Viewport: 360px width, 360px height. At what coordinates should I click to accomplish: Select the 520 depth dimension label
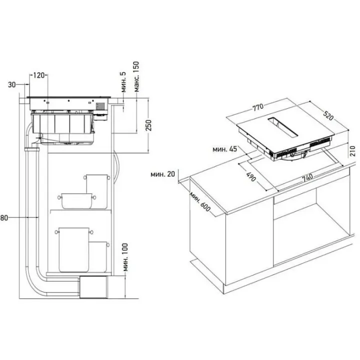[327, 116]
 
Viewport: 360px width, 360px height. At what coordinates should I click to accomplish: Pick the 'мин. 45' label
[225, 148]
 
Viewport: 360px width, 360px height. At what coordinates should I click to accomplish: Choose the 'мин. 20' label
[163, 174]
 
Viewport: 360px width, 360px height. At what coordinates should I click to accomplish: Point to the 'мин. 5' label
[123, 81]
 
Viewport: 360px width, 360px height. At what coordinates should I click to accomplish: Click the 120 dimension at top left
[39, 75]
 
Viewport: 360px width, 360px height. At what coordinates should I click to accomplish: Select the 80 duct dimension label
[4, 217]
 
